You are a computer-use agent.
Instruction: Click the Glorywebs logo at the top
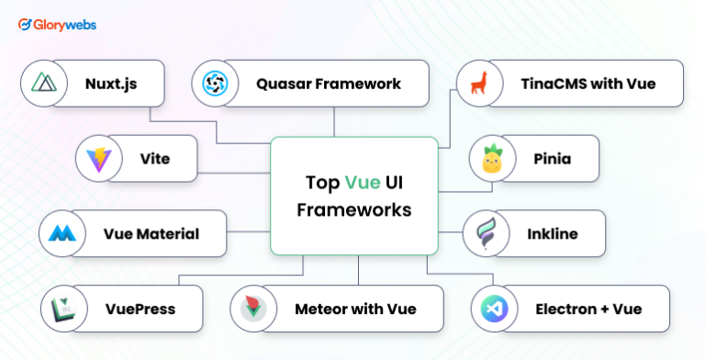(56, 25)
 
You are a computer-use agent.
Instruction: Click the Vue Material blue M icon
(62, 233)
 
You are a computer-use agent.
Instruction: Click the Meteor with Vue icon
(253, 309)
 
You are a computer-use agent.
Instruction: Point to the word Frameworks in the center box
(352, 209)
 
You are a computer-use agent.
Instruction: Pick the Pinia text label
(552, 159)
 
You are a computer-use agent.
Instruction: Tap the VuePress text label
(139, 309)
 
